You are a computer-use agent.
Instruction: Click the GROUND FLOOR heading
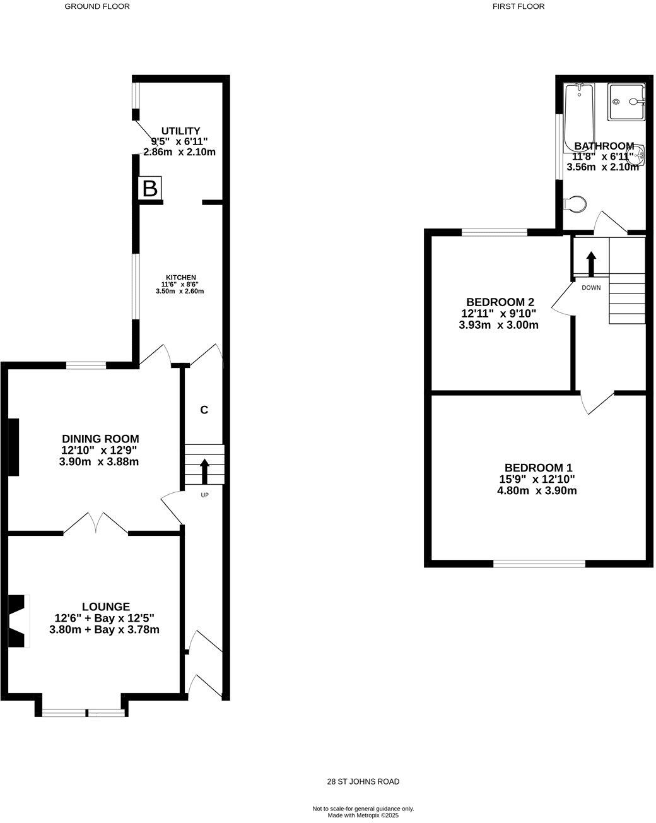click(x=97, y=6)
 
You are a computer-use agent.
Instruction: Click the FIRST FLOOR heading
click(x=518, y=6)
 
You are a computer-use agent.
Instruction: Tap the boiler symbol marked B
click(x=149, y=188)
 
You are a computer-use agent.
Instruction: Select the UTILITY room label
click(x=180, y=131)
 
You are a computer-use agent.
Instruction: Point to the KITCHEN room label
click(x=180, y=278)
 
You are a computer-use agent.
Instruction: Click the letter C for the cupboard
click(x=204, y=410)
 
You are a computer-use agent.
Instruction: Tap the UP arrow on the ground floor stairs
click(x=204, y=471)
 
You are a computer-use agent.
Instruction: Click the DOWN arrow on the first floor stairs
click(x=591, y=264)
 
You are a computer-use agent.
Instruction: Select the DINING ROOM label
click(x=100, y=439)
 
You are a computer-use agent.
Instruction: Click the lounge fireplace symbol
click(x=19, y=620)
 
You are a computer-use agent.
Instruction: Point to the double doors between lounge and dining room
click(x=97, y=523)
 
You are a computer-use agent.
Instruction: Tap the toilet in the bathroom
click(x=575, y=204)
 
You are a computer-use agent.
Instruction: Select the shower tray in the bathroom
click(x=626, y=102)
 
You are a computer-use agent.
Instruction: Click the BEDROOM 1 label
click(x=538, y=468)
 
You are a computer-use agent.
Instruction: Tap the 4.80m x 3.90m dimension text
click(x=537, y=490)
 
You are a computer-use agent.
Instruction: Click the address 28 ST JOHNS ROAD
click(x=363, y=781)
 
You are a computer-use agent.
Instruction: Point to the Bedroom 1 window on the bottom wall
click(x=539, y=563)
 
